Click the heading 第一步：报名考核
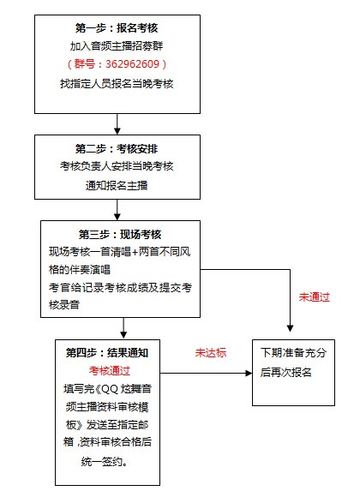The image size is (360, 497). click(x=117, y=28)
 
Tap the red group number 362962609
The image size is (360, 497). click(x=132, y=64)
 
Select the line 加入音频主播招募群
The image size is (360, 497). click(x=117, y=46)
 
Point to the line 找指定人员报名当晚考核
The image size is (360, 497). click(x=117, y=84)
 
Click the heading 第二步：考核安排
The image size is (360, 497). click(x=117, y=148)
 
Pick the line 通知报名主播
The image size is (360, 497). click(x=117, y=185)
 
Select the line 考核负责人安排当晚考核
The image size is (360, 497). click(x=117, y=166)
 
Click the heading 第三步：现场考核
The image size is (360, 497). click(x=120, y=235)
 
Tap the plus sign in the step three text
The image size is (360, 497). click(x=135, y=252)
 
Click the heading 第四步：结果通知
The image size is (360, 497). click(x=107, y=353)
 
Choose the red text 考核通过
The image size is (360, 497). click(x=110, y=370)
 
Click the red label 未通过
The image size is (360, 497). click(x=315, y=297)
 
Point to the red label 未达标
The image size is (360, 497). click(x=211, y=353)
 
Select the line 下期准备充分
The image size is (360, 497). click(x=293, y=353)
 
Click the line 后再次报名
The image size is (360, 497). click(x=286, y=373)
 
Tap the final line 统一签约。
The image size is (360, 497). click(x=105, y=462)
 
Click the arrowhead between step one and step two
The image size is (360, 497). click(x=117, y=131)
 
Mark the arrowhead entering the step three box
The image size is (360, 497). click(x=117, y=217)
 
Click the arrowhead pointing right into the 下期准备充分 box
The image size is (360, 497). click(x=249, y=373)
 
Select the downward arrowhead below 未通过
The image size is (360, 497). click(x=290, y=328)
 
